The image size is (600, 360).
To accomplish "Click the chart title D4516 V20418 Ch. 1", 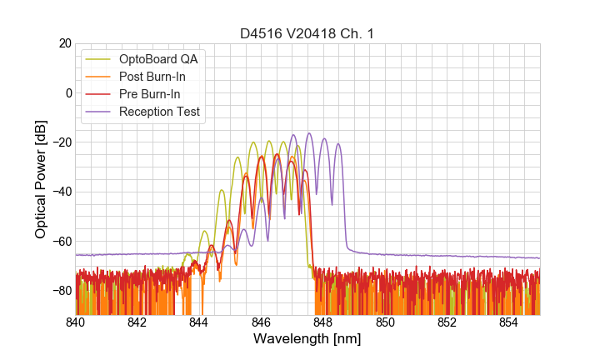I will point(307,34).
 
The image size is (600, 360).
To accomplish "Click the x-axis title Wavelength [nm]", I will point(307,339).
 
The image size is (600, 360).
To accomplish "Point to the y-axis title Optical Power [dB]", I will point(41,179).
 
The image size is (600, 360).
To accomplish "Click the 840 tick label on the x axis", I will point(76,322).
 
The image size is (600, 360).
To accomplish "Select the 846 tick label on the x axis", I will point(261,322).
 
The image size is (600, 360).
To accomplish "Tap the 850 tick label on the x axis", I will point(385,322).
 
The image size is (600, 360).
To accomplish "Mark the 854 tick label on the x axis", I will point(508,322).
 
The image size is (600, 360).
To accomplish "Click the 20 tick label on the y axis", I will point(63,43).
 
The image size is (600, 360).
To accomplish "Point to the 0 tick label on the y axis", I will point(67,92).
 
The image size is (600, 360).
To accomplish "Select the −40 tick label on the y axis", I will point(60,192).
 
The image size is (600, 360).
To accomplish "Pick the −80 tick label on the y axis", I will point(60,290).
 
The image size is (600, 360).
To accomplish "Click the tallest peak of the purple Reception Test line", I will point(308,133).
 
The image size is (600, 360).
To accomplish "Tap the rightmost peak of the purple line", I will point(338,144).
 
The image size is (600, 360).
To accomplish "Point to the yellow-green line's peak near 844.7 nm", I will point(222,190).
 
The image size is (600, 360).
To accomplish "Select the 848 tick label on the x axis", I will point(322,322).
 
